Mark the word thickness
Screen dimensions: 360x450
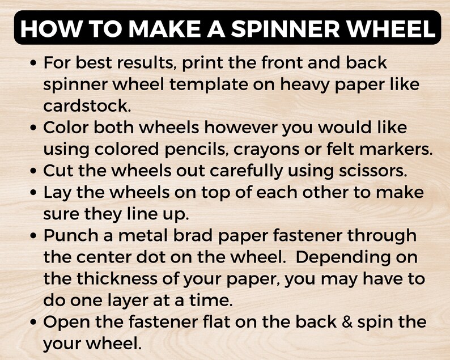pyautogui.click(x=128, y=278)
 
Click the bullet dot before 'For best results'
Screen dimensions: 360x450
pyautogui.click(x=35, y=63)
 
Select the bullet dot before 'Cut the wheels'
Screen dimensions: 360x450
pyautogui.click(x=35, y=171)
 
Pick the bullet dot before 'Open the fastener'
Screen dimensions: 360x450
pyautogui.click(x=35, y=322)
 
